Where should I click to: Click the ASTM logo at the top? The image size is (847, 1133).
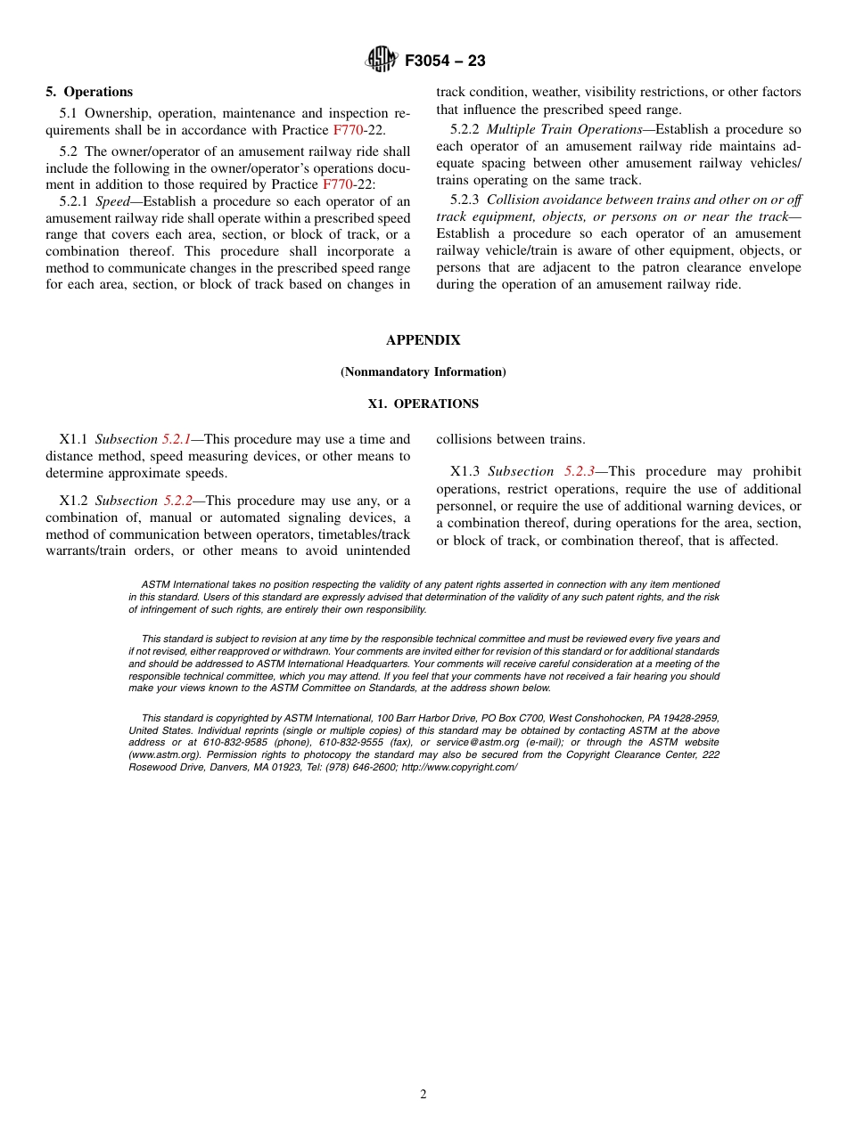[381, 61]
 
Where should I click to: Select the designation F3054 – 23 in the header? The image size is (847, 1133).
[445, 61]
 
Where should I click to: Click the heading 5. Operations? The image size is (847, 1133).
[89, 92]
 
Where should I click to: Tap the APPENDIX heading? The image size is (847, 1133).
[423, 340]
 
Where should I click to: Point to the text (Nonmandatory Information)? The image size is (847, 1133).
[423, 372]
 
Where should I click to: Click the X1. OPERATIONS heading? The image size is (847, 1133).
[423, 404]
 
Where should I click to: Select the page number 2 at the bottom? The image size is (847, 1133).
[423, 1095]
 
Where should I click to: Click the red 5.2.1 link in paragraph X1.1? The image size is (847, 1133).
[177, 440]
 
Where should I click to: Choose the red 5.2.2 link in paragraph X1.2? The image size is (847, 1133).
[177, 501]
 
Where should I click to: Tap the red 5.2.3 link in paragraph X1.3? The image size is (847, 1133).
[580, 472]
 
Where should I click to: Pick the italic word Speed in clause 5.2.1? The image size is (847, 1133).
[112, 201]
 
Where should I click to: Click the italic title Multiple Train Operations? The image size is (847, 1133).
[563, 130]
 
